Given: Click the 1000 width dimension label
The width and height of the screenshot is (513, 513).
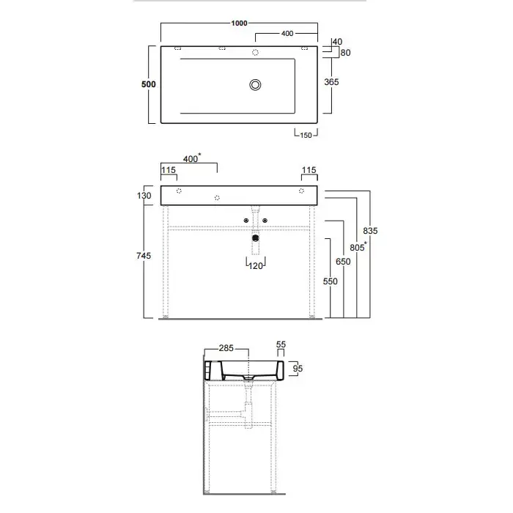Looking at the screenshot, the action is tap(239, 23).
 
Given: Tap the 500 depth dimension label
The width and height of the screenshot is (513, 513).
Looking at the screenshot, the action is tap(149, 84).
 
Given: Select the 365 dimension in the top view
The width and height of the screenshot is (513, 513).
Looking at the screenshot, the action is tap(331, 82).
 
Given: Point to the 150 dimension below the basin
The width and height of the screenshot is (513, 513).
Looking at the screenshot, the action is tap(306, 135).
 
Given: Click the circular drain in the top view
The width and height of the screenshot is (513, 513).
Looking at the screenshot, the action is tap(255, 85).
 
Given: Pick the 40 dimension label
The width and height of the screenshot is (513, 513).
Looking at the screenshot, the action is tap(337, 42).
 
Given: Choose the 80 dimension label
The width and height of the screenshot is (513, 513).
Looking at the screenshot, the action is tap(345, 53).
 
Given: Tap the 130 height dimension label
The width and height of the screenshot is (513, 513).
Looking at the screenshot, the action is tap(144, 196).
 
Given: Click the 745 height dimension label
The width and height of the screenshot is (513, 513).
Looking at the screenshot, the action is tap(144, 256).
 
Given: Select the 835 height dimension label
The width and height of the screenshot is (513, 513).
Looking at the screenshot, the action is tap(370, 231).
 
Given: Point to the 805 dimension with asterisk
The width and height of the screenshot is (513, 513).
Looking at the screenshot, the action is tap(358, 247).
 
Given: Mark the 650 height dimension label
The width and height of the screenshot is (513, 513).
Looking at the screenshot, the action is tap(343, 262).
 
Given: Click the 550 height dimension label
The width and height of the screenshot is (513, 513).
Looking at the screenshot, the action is tap(330, 281).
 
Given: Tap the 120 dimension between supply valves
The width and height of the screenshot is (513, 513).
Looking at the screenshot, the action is tap(256, 266).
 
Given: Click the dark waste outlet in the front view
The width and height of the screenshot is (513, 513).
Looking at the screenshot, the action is tap(256, 238).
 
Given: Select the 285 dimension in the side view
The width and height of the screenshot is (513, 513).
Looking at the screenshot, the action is tap(226, 348).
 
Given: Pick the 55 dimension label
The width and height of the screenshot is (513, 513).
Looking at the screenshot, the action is tap(281, 344).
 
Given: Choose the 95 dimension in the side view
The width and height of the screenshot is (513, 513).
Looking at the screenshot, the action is tap(298, 369).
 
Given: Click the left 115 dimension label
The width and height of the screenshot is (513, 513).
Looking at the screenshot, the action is tap(169, 170).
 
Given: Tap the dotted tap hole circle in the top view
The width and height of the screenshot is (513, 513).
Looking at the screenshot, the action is tap(255, 52).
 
